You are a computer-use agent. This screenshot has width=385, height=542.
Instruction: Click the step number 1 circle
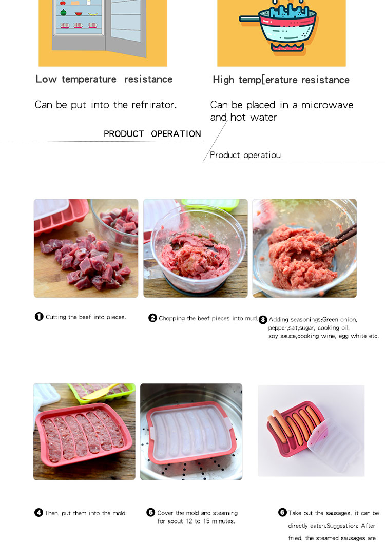tap(39, 316)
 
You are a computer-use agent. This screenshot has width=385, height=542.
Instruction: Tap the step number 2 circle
tap(153, 318)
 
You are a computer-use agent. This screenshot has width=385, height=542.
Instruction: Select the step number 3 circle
tap(263, 319)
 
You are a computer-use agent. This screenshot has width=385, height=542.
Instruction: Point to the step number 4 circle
tap(38, 512)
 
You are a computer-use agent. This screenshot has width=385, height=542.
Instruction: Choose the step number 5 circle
tap(151, 512)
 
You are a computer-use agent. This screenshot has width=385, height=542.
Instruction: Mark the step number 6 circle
tap(282, 512)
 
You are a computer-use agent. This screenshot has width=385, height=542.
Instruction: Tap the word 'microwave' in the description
tap(328, 105)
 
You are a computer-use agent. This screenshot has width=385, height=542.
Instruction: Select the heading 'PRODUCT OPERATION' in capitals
tap(152, 134)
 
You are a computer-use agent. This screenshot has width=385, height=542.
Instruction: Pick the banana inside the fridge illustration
tap(93, 14)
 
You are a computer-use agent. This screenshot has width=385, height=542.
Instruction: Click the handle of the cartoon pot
tap(249, 18)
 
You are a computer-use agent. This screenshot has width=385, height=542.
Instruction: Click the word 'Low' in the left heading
tap(46, 79)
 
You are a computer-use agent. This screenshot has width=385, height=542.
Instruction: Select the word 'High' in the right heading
tap(224, 80)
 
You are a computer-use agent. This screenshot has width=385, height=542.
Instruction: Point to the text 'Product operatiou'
tap(245, 155)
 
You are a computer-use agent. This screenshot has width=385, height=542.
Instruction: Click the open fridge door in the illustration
tap(126, 28)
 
